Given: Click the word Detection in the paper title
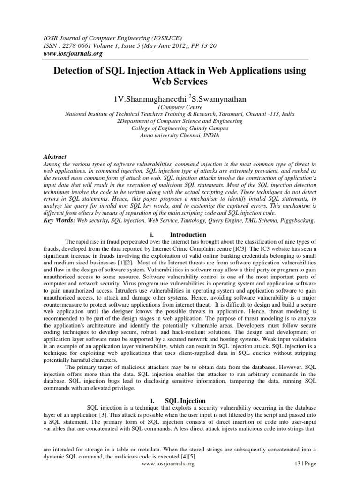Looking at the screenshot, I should point(76,71).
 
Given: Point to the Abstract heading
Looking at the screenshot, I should point(55,157).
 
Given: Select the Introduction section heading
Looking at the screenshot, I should point(187,234).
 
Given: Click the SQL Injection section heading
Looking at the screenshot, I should point(185,401).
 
